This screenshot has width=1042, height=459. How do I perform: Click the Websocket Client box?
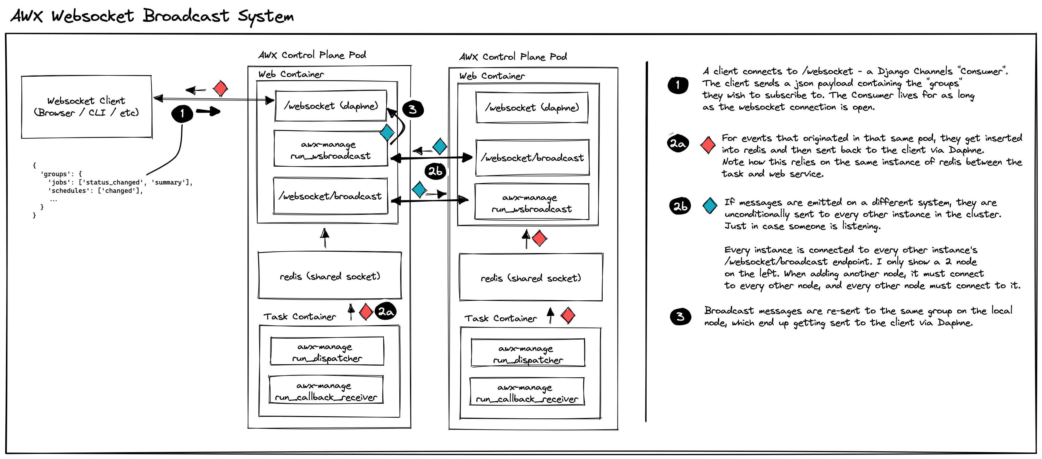click(87, 107)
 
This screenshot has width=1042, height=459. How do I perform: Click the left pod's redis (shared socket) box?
click(330, 276)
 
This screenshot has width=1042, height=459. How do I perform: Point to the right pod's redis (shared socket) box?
click(531, 278)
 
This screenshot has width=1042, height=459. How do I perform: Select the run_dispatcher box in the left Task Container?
click(327, 352)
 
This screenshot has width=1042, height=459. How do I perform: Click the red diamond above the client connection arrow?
click(221, 88)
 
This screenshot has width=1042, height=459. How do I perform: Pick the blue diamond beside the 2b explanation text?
click(710, 205)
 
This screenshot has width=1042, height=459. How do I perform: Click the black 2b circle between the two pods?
click(435, 171)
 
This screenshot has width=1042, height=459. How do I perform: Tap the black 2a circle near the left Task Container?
click(386, 312)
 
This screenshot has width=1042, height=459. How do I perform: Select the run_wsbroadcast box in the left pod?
click(330, 149)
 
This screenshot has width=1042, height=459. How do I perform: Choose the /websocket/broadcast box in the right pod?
click(532, 158)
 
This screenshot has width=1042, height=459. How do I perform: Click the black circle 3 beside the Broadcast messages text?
click(680, 316)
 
